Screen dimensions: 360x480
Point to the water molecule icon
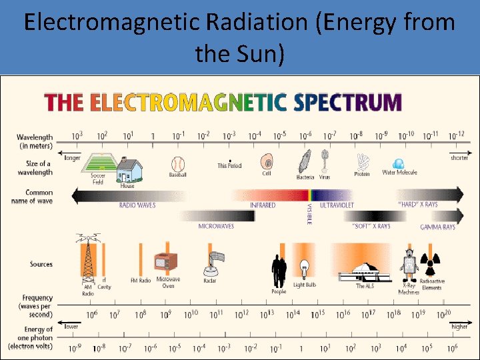(x=399, y=164)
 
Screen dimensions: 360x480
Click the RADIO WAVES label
(x=137, y=205)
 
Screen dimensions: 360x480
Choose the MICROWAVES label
(x=216, y=226)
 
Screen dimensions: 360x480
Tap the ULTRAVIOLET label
(x=337, y=205)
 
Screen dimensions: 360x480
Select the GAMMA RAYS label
(x=437, y=227)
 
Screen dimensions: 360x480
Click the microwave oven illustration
(x=165, y=265)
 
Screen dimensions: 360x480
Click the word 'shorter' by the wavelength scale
(x=459, y=158)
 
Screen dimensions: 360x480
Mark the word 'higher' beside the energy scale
(x=459, y=327)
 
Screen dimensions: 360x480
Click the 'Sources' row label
(x=41, y=265)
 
